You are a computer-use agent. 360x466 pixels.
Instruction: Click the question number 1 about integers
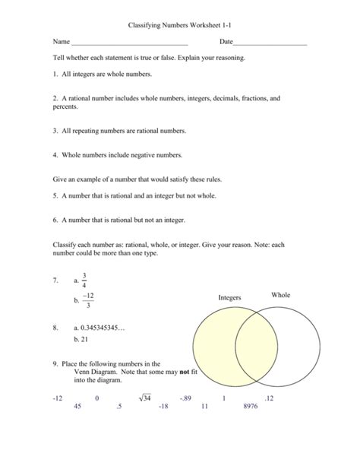[x=55, y=74]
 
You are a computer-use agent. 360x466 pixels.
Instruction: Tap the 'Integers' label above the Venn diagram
[x=229, y=298]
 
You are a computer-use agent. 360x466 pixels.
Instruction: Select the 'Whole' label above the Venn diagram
[x=280, y=294]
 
